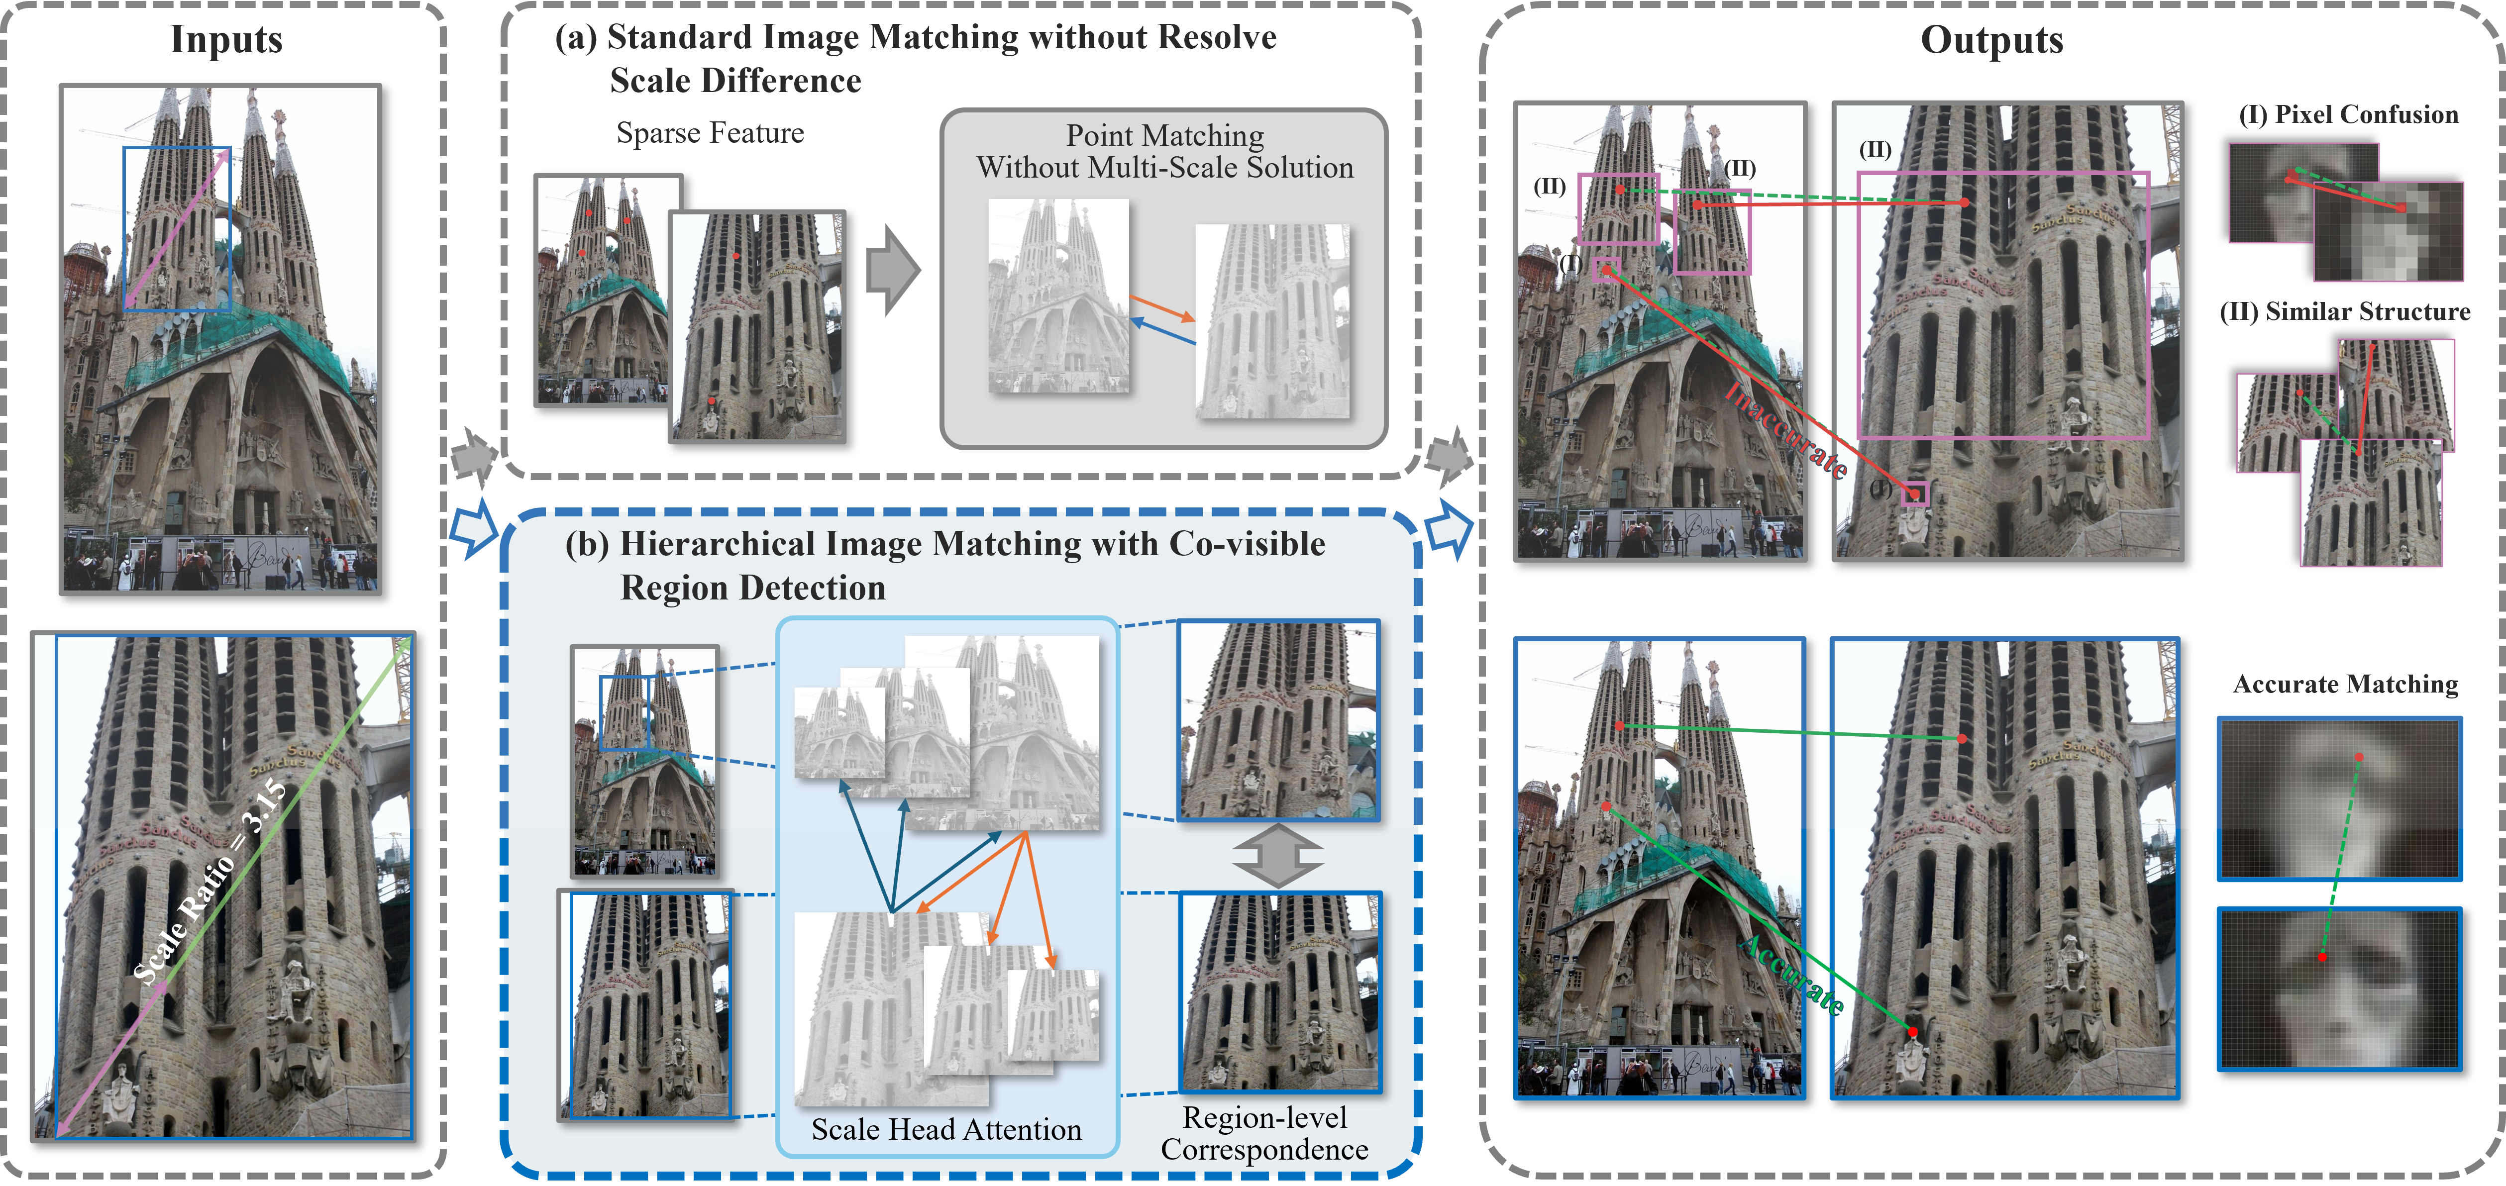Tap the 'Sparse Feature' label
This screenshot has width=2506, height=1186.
(710, 133)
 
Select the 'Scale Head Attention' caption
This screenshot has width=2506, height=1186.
(945, 1130)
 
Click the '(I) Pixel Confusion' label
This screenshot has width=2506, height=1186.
(2347, 115)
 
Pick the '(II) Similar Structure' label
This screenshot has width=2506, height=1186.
(2344, 311)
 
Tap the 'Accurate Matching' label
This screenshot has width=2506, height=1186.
(2344, 684)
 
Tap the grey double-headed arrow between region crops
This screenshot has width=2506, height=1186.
(1277, 856)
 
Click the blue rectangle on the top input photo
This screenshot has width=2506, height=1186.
(177, 229)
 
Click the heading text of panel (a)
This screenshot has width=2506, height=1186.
(915, 58)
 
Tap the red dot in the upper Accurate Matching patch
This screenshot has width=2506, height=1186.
(2359, 757)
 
